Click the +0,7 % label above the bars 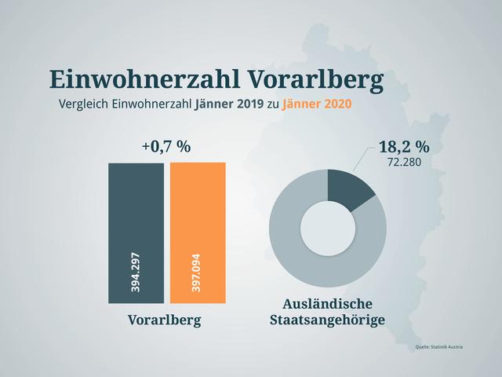(166, 146)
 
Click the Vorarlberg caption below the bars (166, 320)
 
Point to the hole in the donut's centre (328, 228)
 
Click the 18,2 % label (404, 147)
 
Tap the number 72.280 (404, 163)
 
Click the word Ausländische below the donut (327, 303)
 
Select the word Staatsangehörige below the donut (327, 320)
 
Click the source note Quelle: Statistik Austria (439, 346)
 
